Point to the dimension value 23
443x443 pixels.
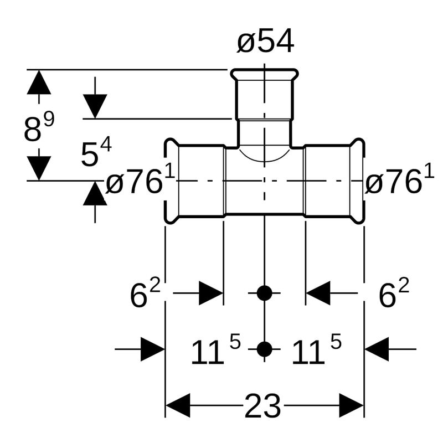pos(262,407)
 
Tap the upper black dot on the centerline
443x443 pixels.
pos(265,293)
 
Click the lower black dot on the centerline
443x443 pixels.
pos(265,349)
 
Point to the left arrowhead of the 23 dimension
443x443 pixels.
pos(178,406)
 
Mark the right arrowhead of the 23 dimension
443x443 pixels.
pos(351,406)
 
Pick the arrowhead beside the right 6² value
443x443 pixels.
pos(318,293)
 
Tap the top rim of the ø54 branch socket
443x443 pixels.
pos(265,73)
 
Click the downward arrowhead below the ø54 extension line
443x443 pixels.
pos(95,106)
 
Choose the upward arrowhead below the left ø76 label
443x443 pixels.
pos(95,194)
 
